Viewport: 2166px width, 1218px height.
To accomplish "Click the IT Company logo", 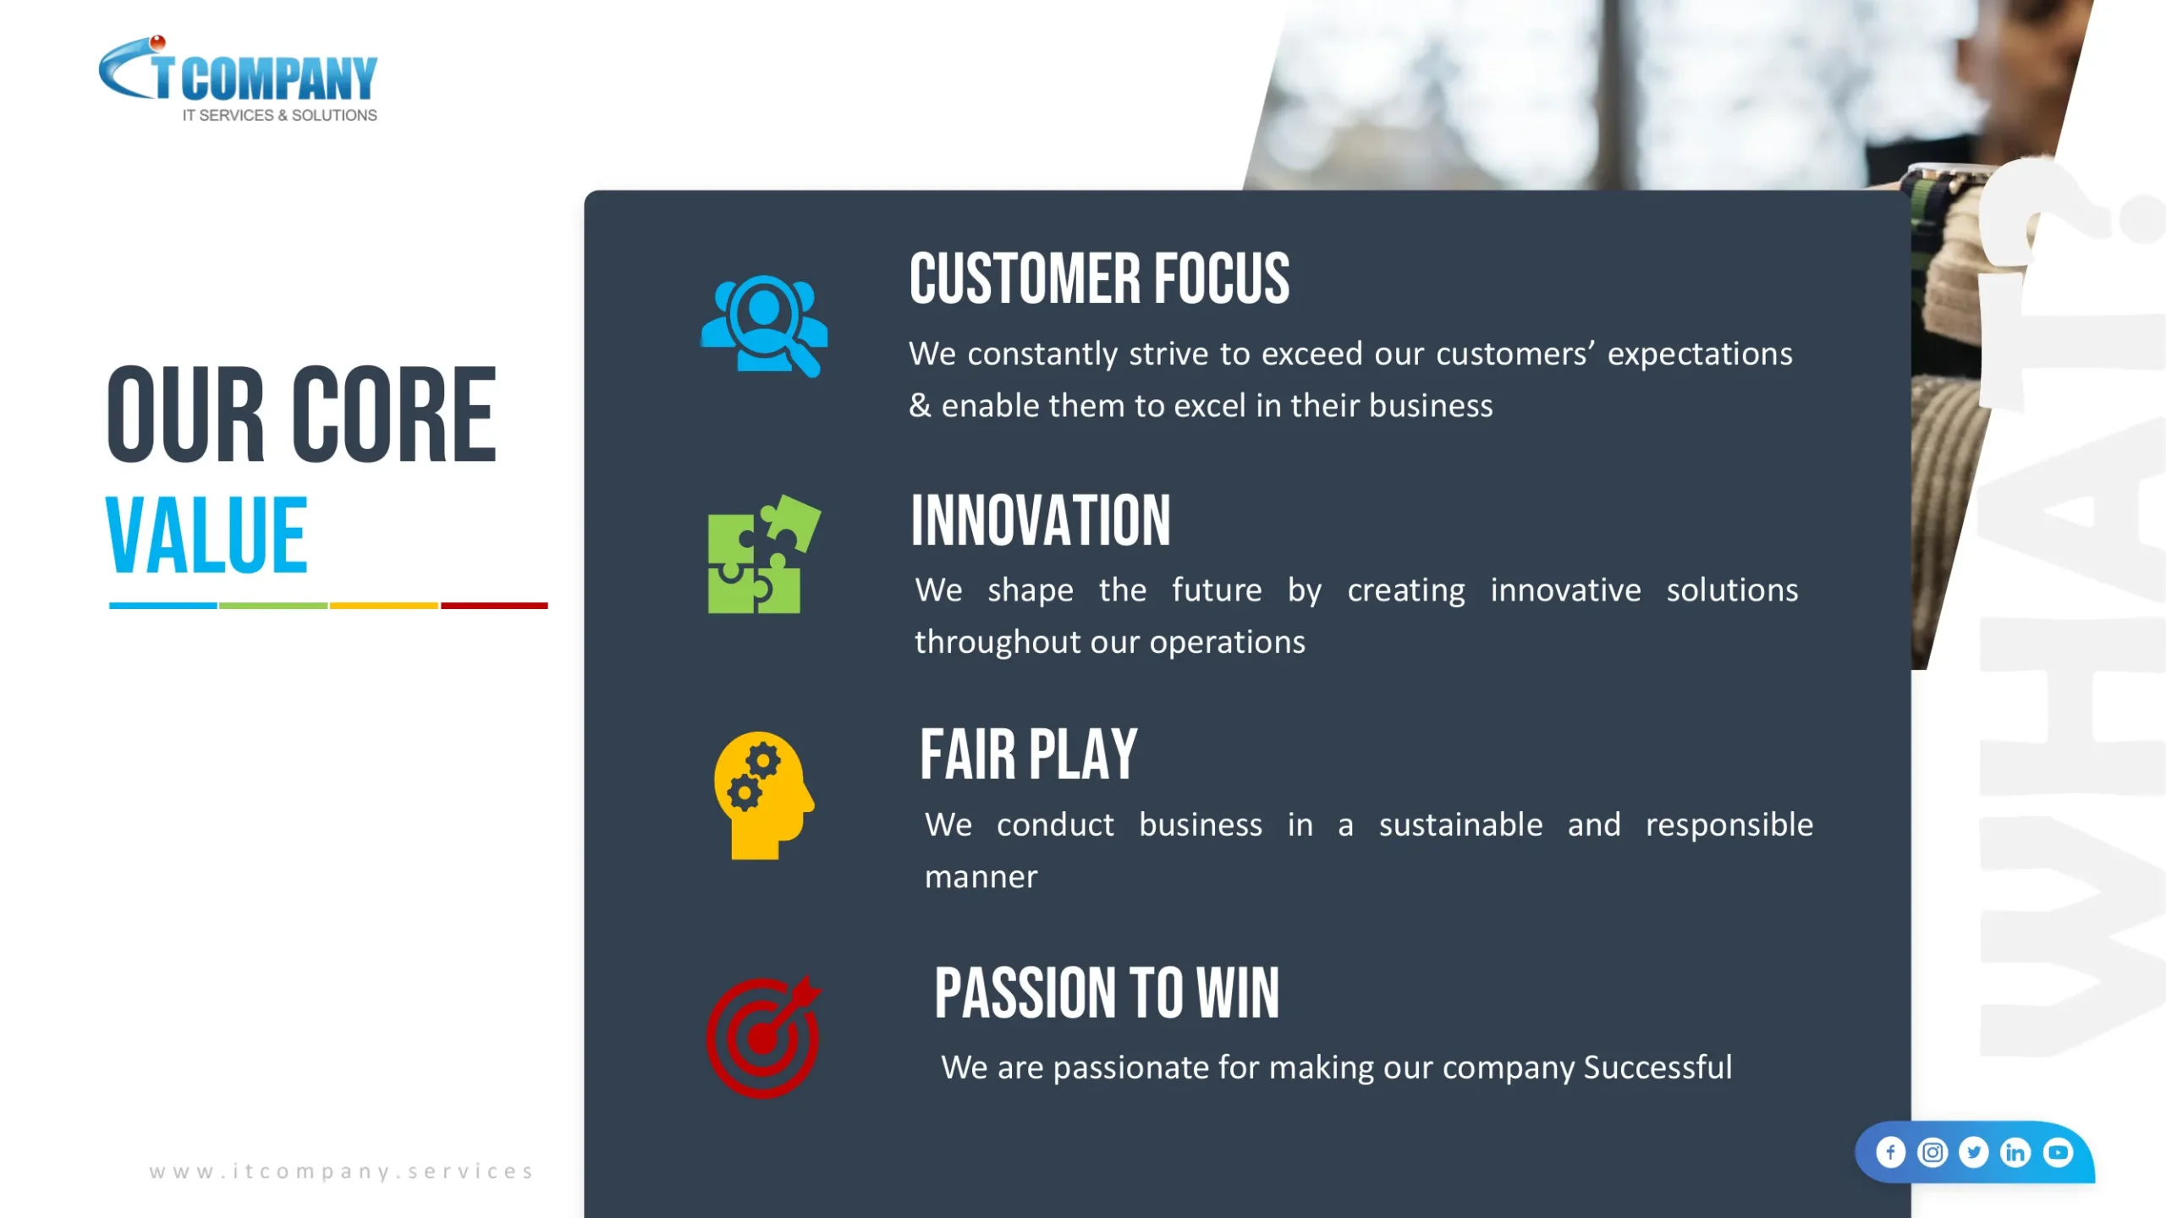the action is [238, 79].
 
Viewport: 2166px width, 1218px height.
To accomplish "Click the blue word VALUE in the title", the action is [206, 535].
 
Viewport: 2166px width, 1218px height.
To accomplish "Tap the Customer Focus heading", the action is [1099, 278].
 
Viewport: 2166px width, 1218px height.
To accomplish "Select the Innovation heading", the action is [1041, 520].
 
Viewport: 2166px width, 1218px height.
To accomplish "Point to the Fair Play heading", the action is [1028, 754].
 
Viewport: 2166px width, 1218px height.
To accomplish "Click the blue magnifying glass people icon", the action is [764, 326].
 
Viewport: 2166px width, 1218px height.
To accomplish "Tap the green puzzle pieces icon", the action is [764, 554].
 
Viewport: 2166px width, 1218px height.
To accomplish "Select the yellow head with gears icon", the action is [764, 796].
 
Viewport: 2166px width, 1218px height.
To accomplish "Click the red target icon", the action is [764, 1037].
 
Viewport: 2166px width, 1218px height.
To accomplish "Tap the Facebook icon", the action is [1890, 1152].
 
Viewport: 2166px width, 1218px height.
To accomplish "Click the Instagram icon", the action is [1932, 1152].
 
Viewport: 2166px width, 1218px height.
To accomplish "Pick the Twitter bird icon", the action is [1974, 1152].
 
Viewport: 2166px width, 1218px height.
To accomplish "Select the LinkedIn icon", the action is [2015, 1152].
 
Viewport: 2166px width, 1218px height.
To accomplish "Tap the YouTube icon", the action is [2058, 1152].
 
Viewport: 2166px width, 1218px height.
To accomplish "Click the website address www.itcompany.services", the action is [342, 1171].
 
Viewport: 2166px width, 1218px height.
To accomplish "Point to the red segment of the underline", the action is [494, 606].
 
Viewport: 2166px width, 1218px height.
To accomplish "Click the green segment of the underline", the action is [273, 606].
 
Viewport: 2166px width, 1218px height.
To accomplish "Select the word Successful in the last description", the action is [1657, 1067].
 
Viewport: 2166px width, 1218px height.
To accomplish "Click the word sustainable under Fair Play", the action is [1460, 825].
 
